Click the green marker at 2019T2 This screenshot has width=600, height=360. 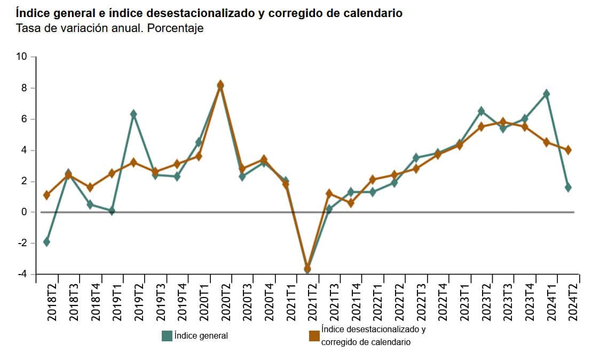coord(133,114)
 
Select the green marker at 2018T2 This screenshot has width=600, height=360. coord(46,242)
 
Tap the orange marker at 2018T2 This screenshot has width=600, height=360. coord(46,195)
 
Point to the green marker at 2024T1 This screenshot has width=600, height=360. coord(546,94)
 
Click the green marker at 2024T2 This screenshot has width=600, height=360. coord(568,187)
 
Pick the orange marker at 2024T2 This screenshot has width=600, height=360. coord(568,150)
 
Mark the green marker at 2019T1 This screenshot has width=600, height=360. coord(112,211)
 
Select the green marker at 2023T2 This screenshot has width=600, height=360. coord(481,111)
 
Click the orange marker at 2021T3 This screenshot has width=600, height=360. coord(329,193)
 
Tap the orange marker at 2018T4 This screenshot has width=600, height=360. coord(90,187)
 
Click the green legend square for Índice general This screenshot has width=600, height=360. coord(167,336)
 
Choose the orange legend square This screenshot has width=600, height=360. coord(314,336)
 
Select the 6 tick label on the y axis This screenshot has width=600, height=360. coord(24,119)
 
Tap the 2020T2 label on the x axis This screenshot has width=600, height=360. coord(226,302)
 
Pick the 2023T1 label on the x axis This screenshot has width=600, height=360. coord(465,302)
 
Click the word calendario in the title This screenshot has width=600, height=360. coord(373,13)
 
